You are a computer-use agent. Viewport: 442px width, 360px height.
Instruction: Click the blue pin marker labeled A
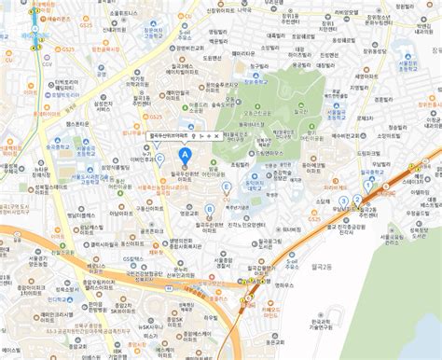[x=185, y=153]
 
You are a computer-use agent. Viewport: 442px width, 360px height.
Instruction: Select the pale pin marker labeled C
[x=160, y=159]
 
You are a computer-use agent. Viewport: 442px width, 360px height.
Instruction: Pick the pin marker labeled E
[x=226, y=187]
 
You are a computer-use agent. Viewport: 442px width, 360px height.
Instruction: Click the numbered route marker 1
[x=368, y=185]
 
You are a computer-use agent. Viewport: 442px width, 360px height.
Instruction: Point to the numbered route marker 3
[x=344, y=201]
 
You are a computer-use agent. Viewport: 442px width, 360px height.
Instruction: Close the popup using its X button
[x=217, y=136]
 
